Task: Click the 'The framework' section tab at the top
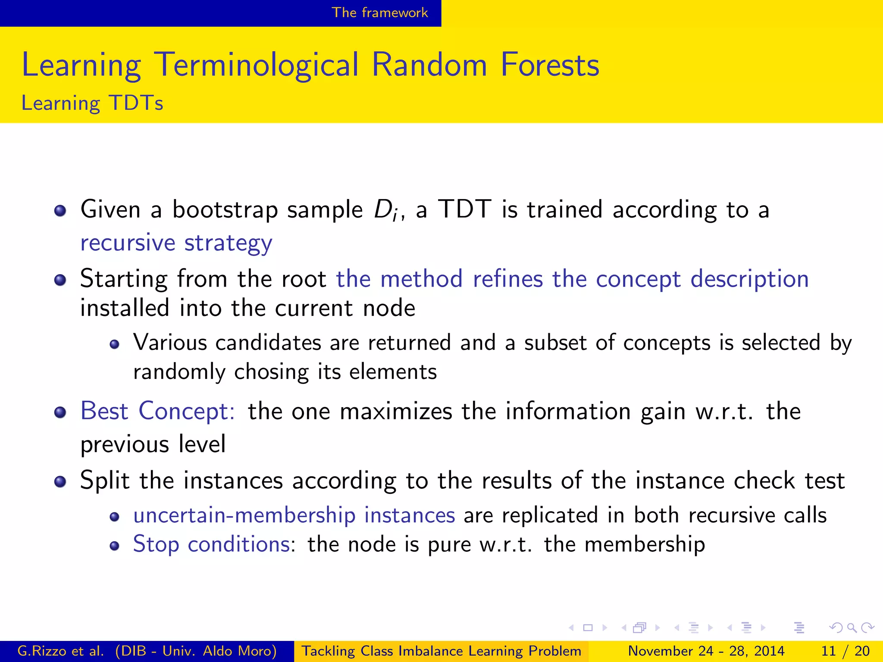379,12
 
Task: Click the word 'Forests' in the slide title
550,65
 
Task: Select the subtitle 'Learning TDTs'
92,103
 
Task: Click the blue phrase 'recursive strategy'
176,243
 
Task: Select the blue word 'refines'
507,279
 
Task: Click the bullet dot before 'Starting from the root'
60,281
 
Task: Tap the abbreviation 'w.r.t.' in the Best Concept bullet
724,412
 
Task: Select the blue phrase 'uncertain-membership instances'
294,515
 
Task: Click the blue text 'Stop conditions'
212,544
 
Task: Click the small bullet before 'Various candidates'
114,344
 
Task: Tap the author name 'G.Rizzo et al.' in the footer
60,651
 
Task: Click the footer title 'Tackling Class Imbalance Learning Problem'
441,651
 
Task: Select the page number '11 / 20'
845,651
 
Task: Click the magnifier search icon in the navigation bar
851,628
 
